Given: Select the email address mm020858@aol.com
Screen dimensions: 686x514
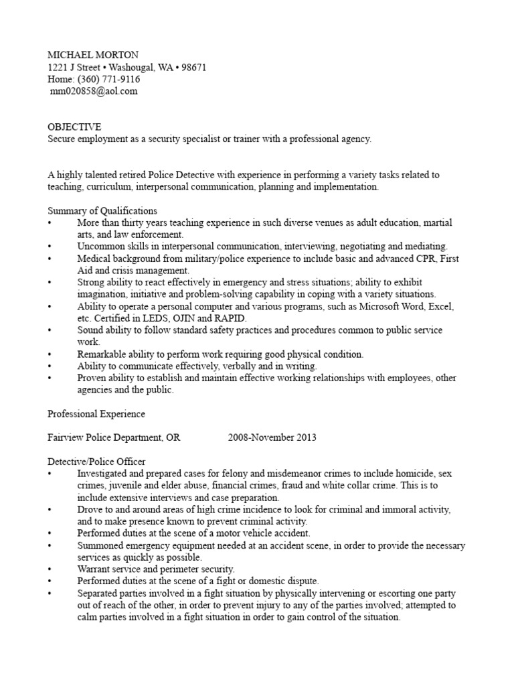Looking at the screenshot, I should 94,91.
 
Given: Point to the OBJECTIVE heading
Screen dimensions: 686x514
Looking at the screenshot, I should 74,127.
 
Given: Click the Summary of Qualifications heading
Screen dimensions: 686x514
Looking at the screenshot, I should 102,210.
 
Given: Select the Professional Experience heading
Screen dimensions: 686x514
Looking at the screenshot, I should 96,414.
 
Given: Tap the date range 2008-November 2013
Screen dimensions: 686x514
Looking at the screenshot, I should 272,437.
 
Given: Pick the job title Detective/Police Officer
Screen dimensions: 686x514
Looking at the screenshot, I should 96,462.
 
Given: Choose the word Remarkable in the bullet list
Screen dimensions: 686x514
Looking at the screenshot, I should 102,354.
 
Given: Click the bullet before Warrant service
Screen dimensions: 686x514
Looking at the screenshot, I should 50,569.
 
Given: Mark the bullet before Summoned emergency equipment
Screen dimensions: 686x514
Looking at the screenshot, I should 50,546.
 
